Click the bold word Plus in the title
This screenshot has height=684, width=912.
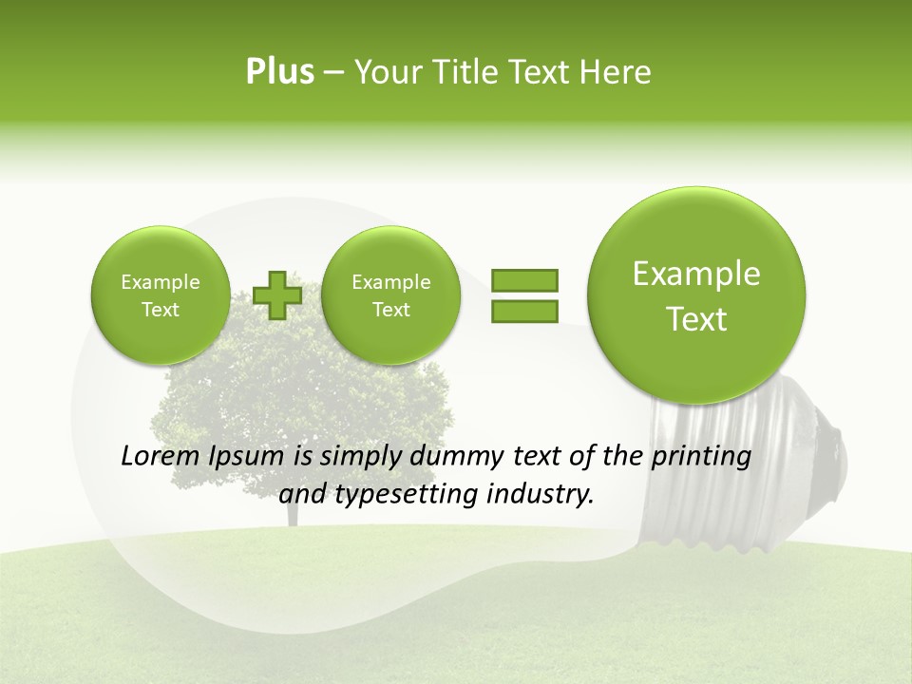(x=279, y=72)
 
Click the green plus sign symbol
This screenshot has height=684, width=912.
(x=277, y=295)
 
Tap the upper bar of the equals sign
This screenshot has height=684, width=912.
(x=524, y=280)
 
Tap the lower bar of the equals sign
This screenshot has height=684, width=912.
(x=524, y=311)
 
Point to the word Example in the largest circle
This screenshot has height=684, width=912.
(x=696, y=274)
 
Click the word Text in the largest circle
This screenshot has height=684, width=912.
(x=696, y=319)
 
